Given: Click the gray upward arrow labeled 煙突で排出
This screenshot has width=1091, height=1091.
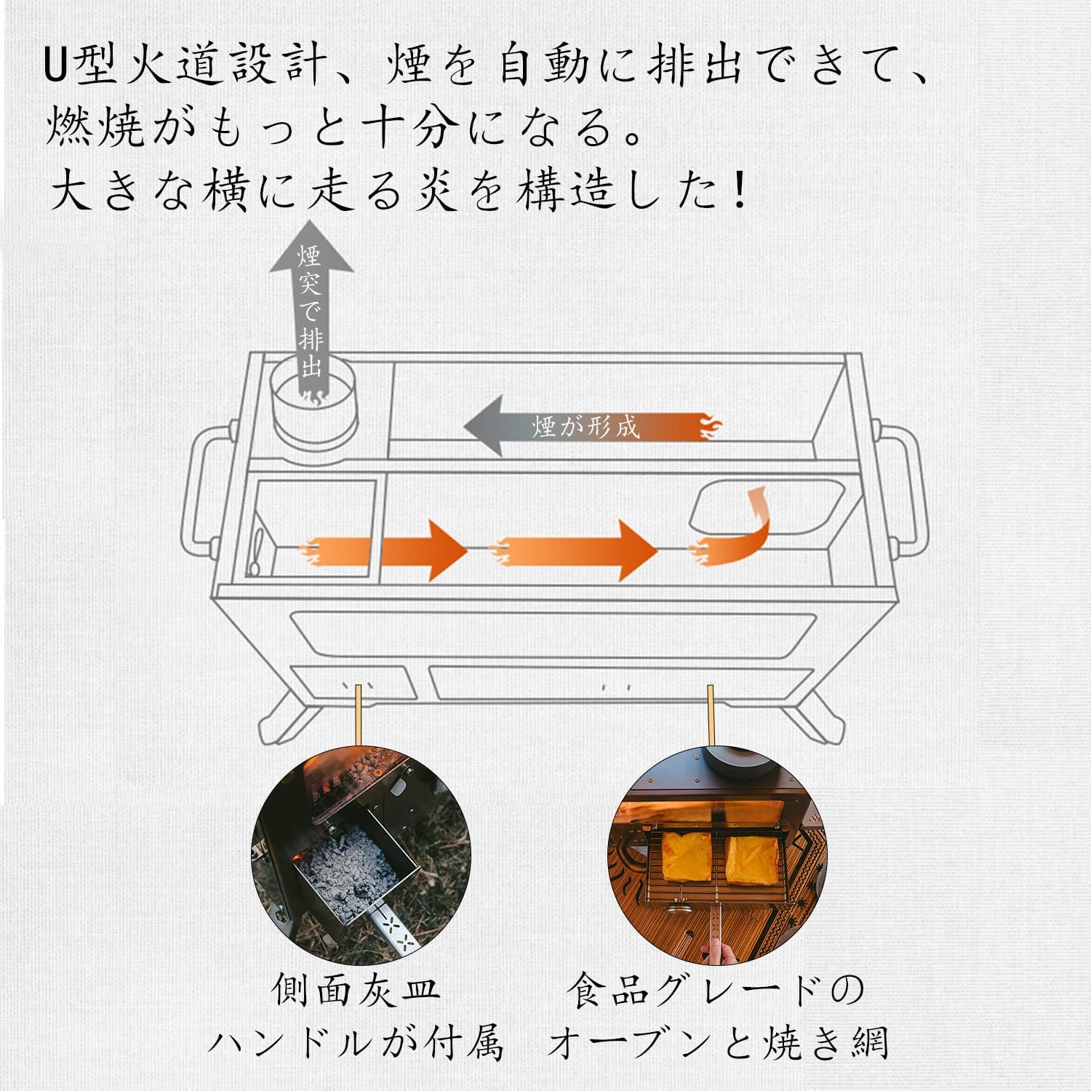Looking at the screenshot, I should [x=311, y=305].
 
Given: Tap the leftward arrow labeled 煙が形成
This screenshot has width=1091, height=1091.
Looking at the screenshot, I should [x=582, y=426].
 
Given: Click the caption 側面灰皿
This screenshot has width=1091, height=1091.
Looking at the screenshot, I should [x=356, y=990].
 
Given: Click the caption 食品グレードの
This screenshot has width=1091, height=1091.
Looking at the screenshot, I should [x=716, y=990].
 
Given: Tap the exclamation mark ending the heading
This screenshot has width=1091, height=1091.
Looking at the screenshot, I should [x=740, y=191].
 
